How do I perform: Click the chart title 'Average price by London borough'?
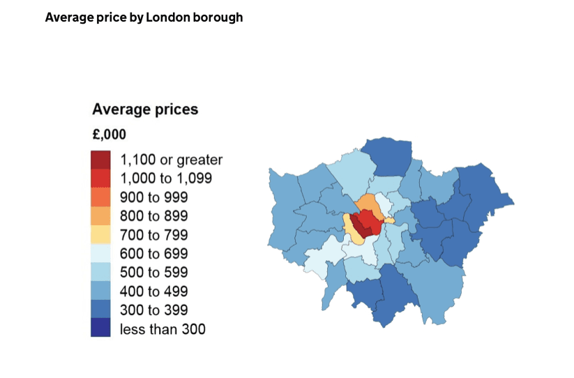coord(144,17)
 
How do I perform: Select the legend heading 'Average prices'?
coord(145,109)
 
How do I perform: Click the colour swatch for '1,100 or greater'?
coord(100,160)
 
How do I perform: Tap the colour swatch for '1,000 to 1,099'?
coord(100,179)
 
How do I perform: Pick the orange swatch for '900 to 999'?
coord(100,197)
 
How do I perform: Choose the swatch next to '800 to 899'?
coord(100,216)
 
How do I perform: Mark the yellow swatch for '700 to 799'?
coord(100,235)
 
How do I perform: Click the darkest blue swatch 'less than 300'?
coord(100,328)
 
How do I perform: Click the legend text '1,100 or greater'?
coord(171,160)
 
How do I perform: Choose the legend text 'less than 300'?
coord(163,328)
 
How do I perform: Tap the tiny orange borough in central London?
coord(389,220)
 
